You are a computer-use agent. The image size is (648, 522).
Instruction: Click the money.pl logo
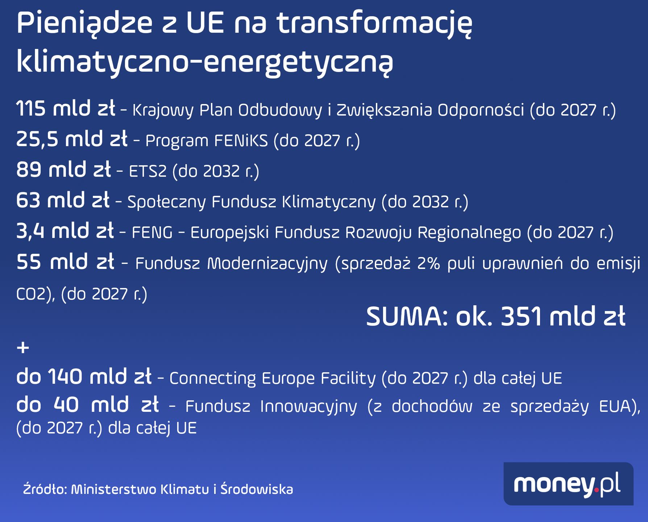point(568,484)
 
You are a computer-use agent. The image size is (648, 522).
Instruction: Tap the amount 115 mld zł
point(66,109)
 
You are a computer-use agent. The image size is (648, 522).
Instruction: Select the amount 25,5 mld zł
point(72,139)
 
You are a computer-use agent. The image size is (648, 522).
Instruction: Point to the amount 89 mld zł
point(63,170)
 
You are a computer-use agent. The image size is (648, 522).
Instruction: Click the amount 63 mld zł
point(63,200)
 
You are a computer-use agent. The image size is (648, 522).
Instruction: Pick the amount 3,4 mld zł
point(65,231)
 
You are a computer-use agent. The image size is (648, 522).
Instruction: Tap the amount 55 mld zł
point(66,262)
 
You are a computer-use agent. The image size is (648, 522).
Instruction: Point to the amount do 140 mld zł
point(84,377)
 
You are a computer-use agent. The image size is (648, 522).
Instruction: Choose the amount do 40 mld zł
point(87,405)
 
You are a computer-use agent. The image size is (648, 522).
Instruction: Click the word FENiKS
point(241,141)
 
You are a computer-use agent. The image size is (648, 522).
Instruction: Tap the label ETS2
point(148,171)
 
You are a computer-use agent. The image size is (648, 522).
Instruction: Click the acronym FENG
point(152,233)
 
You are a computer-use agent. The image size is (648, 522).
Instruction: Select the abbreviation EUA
point(618,406)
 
